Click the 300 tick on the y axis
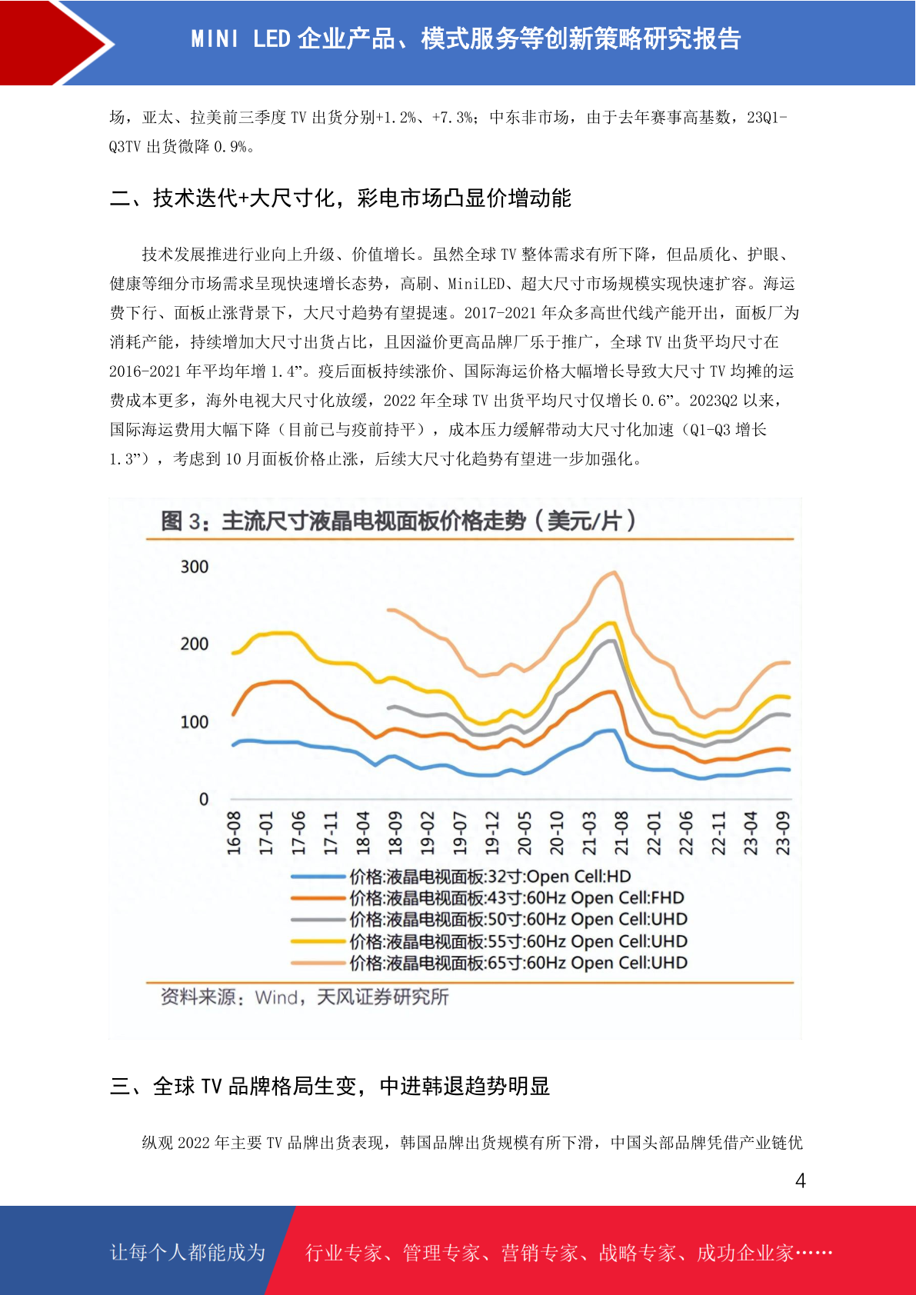pyautogui.click(x=195, y=567)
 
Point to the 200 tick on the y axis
pyautogui.click(x=195, y=644)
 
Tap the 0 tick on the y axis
pyautogui.click(x=204, y=800)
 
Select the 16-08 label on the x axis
pyautogui.click(x=234, y=833)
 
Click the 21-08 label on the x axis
pyautogui.click(x=621, y=833)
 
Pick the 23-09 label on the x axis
pyautogui.click(x=783, y=833)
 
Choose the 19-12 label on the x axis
pyautogui.click(x=492, y=833)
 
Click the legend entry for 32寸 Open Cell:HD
pyautogui.click(x=461, y=877)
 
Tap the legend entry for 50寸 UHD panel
pyautogui.click(x=489, y=919)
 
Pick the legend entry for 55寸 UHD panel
pyautogui.click(x=489, y=941)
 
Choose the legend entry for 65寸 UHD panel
pyautogui.click(x=489, y=963)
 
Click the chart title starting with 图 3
pyautogui.click(x=398, y=521)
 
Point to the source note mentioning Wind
pyautogui.click(x=305, y=997)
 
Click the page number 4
pyautogui.click(x=801, y=1180)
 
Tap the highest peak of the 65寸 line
pyautogui.click(x=615, y=572)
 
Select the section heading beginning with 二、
pyautogui.click(x=341, y=198)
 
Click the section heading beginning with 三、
pyautogui.click(x=330, y=1087)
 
